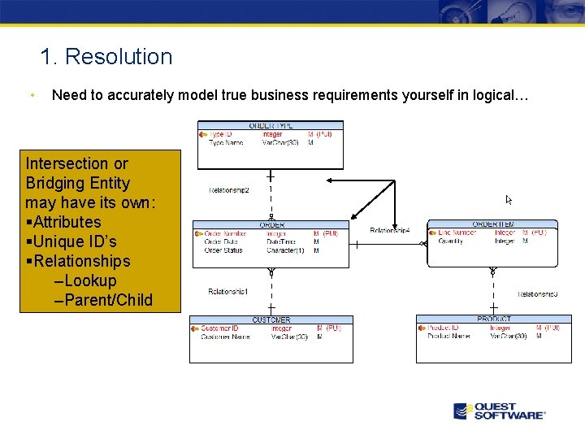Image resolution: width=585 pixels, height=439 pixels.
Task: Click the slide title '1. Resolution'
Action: [x=106, y=57]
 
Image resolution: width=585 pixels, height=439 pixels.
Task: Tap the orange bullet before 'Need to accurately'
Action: [x=30, y=95]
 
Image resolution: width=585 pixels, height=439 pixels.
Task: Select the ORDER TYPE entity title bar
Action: [x=271, y=125]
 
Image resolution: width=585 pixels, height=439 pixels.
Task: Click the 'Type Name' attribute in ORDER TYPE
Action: [x=227, y=143]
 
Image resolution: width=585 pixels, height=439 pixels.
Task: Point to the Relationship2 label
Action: [x=228, y=190]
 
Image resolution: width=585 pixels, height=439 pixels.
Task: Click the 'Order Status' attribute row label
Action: [x=223, y=250]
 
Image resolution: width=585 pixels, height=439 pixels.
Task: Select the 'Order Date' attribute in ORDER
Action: [x=221, y=241]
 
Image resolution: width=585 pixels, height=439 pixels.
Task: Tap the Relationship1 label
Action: [x=228, y=291]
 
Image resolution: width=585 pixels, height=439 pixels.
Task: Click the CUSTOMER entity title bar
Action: [x=271, y=319]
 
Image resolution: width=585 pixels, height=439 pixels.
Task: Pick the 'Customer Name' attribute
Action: [x=225, y=337]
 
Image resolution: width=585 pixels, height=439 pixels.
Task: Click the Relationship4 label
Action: [x=390, y=231]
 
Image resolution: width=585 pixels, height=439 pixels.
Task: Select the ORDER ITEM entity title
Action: [x=492, y=224]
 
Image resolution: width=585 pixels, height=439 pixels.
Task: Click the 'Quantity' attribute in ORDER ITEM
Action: [x=451, y=241]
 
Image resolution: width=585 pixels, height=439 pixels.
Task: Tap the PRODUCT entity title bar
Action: [x=494, y=319]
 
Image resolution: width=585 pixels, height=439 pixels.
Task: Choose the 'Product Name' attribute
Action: [x=448, y=336]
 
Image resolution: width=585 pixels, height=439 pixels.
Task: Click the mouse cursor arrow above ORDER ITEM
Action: [x=509, y=199]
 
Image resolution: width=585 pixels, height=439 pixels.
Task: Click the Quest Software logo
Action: [x=499, y=411]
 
